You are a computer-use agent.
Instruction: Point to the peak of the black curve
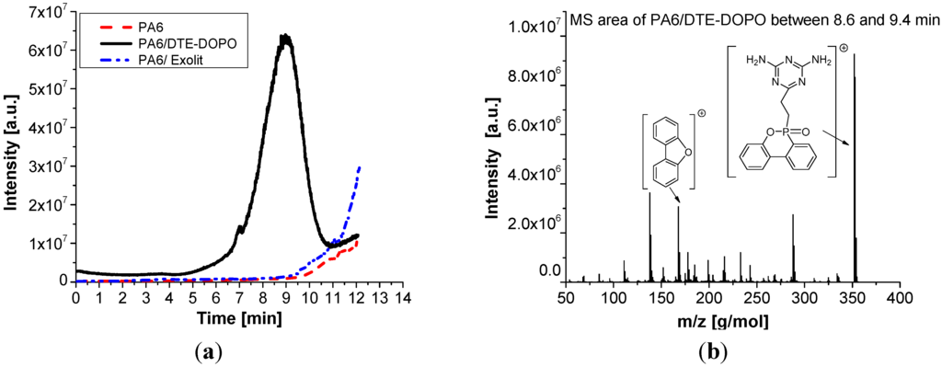coord(286,37)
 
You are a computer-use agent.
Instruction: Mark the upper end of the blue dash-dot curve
coord(359,166)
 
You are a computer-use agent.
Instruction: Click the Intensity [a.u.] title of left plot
coord(13,147)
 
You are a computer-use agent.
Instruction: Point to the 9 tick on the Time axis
coord(286,298)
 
